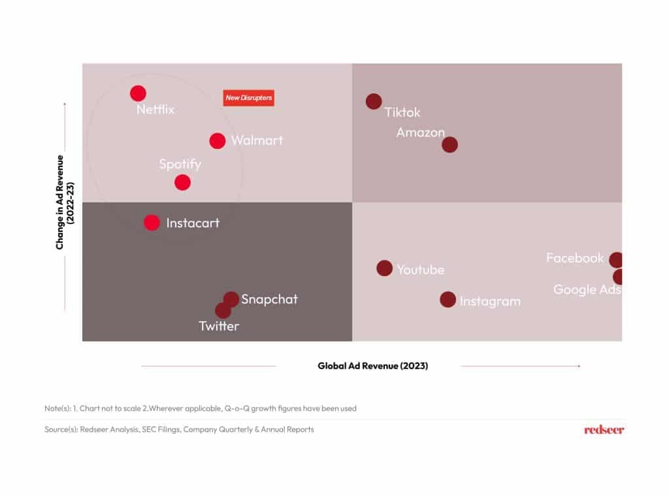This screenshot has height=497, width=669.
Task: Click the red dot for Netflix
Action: pos(138,93)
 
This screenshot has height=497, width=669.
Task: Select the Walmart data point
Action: pos(217,141)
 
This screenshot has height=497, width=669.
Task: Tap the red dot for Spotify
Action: pos(182,183)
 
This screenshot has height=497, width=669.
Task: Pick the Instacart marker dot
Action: pos(152,222)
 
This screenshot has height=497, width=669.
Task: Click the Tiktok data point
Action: pos(373,101)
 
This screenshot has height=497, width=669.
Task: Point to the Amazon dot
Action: pos(449,144)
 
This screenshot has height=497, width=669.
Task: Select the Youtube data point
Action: pos(384,268)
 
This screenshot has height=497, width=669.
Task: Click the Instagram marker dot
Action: pos(448,300)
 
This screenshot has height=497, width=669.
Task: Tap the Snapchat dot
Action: pos(231,299)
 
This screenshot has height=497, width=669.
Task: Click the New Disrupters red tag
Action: pos(249,98)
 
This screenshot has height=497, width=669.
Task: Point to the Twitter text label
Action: pos(219,326)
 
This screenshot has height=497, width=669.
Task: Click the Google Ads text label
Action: pos(587,290)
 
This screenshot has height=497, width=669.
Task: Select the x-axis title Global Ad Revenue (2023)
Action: pos(373,366)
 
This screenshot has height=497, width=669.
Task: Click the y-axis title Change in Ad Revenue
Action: pos(59,202)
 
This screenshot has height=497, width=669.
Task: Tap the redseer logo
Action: pos(604,430)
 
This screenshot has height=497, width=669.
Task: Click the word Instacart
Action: pos(193,223)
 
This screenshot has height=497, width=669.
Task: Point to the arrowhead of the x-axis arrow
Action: pos(579,366)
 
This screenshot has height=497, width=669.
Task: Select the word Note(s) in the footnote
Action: pos(57,408)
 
